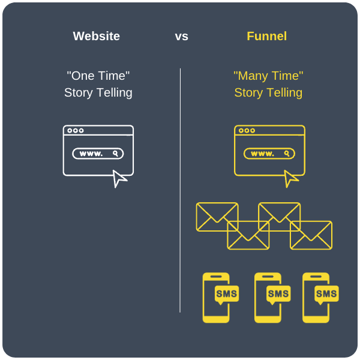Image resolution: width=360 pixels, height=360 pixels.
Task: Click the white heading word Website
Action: coord(96,36)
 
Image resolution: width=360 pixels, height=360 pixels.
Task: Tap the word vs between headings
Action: coord(181,36)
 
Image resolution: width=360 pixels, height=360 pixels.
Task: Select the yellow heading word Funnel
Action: coord(266,36)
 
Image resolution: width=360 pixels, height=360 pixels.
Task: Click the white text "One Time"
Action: coord(98,76)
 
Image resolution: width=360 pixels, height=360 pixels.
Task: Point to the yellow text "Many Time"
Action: coord(268,76)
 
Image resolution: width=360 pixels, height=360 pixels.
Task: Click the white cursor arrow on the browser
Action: coord(119,178)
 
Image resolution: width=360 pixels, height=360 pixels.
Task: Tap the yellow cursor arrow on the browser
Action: coord(290,178)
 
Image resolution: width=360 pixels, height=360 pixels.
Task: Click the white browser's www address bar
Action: coord(98,154)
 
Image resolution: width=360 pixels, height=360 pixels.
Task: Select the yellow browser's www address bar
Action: coord(269,154)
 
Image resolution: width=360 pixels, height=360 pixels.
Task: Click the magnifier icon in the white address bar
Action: coord(115,154)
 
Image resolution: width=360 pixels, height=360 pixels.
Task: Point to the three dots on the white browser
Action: coord(76,130)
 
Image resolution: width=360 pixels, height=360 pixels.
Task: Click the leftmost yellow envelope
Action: coord(217,217)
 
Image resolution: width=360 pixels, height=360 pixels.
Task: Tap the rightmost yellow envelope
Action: coord(311,235)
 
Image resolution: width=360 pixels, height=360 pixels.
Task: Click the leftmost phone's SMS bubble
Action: coord(227,294)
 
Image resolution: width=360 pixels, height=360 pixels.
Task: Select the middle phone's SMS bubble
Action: coord(278,294)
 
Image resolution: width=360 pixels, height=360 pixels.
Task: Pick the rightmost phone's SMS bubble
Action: coord(326,294)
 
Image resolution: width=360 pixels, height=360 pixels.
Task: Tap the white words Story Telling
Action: coord(98,93)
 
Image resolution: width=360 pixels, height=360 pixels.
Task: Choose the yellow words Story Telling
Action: coord(268,93)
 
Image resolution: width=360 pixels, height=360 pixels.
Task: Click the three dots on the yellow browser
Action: coord(247,130)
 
